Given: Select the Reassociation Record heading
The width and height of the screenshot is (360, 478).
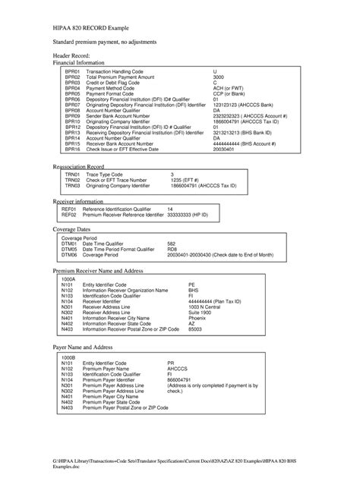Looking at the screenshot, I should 79,165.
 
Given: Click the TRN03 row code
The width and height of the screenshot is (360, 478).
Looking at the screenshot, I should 72,185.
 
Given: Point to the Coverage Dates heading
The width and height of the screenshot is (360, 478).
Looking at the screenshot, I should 72,228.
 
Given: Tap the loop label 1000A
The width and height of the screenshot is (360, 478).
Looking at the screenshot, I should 68,278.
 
